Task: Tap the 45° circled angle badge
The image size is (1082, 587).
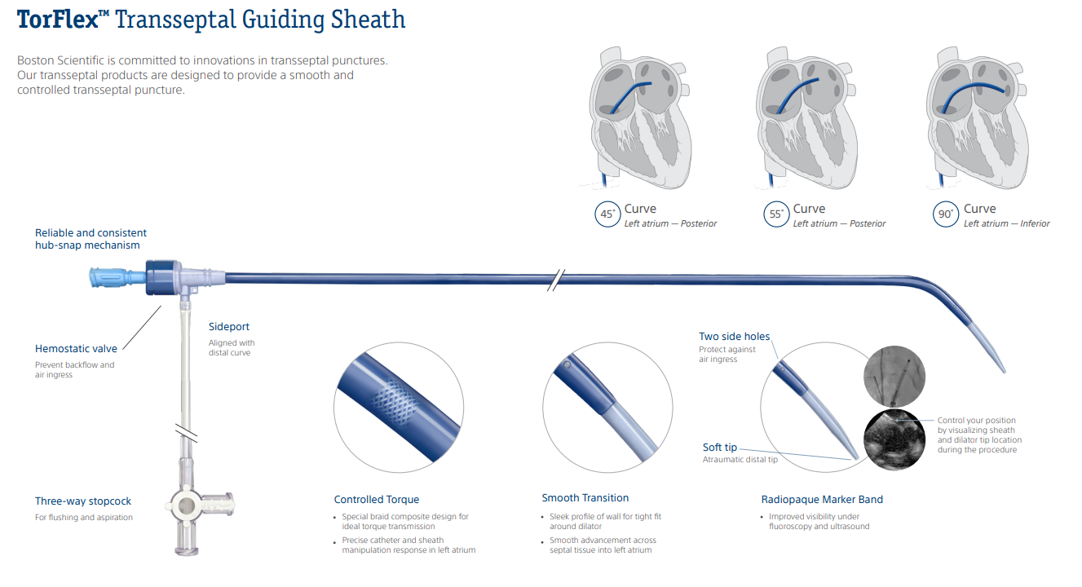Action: (607, 215)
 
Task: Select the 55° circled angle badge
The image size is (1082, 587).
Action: (776, 215)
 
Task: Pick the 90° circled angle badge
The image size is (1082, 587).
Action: (946, 215)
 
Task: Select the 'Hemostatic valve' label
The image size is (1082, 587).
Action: (76, 349)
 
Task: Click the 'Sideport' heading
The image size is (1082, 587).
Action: (229, 327)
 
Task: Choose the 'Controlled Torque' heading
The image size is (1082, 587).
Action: (377, 500)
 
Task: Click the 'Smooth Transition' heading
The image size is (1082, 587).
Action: (585, 498)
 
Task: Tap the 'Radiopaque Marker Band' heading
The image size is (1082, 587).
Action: (822, 500)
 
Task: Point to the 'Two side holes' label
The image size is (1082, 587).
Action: (734, 337)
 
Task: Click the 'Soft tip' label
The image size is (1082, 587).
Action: (720, 448)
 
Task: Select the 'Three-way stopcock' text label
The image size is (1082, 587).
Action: (83, 501)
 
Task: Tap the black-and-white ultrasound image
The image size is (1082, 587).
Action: (895, 439)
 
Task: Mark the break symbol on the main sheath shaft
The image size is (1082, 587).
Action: (554, 280)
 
